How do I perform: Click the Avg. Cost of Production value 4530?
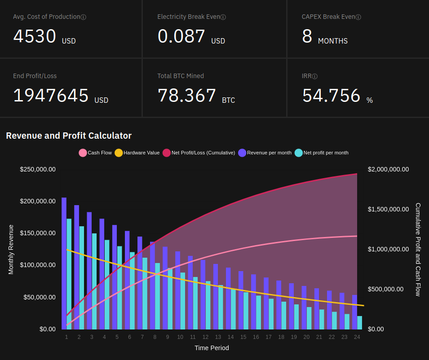pyautogui.click(x=35, y=36)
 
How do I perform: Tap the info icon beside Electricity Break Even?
pyautogui.click(x=223, y=17)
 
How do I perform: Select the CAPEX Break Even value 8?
pyautogui.click(x=307, y=36)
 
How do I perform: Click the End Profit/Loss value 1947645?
pyautogui.click(x=51, y=96)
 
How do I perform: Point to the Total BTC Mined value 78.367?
pyautogui.click(x=187, y=96)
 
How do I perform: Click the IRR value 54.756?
pyautogui.click(x=331, y=96)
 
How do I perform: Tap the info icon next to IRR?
pyautogui.click(x=315, y=76)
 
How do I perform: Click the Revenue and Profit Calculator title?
pyautogui.click(x=69, y=136)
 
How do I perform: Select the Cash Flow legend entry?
pyautogui.click(x=95, y=153)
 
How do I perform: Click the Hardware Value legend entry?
pyautogui.click(x=137, y=153)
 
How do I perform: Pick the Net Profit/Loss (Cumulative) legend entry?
pyautogui.click(x=199, y=153)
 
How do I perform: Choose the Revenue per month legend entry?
pyautogui.click(x=265, y=153)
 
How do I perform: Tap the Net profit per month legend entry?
pyautogui.click(x=321, y=153)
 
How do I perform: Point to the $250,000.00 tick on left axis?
pyautogui.click(x=38, y=169)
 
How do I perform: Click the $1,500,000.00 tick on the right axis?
pyautogui.click(x=388, y=209)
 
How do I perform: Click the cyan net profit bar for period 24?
pyautogui.click(x=359, y=322)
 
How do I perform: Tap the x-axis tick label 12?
pyautogui.click(x=205, y=337)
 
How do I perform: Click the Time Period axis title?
pyautogui.click(x=212, y=348)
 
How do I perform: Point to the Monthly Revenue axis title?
pyautogui.click(x=11, y=249)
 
